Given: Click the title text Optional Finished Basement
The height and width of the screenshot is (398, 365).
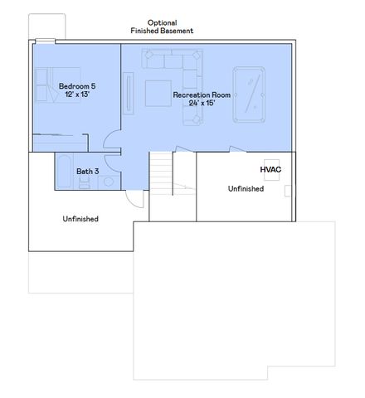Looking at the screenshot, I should [162, 27].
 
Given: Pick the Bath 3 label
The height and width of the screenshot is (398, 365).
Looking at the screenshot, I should [88, 172].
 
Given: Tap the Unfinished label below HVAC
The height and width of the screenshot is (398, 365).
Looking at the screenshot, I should [246, 188].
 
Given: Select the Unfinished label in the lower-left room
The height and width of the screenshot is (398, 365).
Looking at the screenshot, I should [80, 219].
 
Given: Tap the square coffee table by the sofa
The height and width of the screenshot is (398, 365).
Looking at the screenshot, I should [158, 92].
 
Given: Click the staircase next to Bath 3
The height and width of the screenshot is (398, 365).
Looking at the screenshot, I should [160, 174].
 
